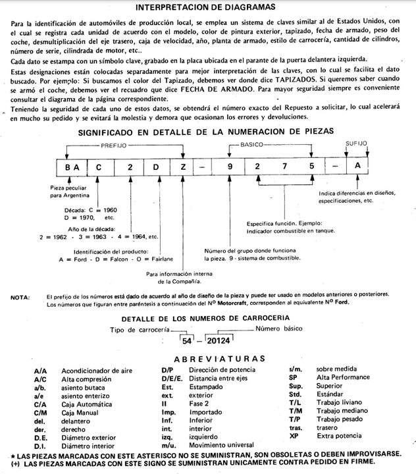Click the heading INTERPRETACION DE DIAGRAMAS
(x=209, y=8)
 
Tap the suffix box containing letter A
(x=357, y=167)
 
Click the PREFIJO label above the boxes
(x=115, y=144)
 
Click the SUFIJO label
(x=356, y=143)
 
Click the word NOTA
(x=19, y=297)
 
